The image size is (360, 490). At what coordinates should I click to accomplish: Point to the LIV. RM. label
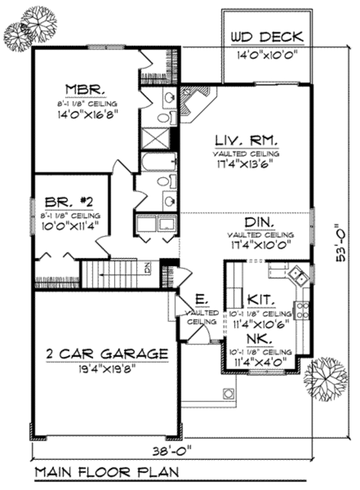pyautogui.click(x=246, y=141)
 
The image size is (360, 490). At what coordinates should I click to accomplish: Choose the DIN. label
pyautogui.click(x=260, y=223)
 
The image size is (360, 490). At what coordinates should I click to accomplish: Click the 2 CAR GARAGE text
pyautogui.click(x=106, y=354)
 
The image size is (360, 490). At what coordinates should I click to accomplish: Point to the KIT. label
pyautogui.click(x=260, y=299)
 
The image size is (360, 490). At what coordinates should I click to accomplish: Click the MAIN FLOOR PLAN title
pyautogui.click(x=106, y=472)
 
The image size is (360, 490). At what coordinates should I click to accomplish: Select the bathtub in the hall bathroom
pyautogui.click(x=158, y=161)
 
